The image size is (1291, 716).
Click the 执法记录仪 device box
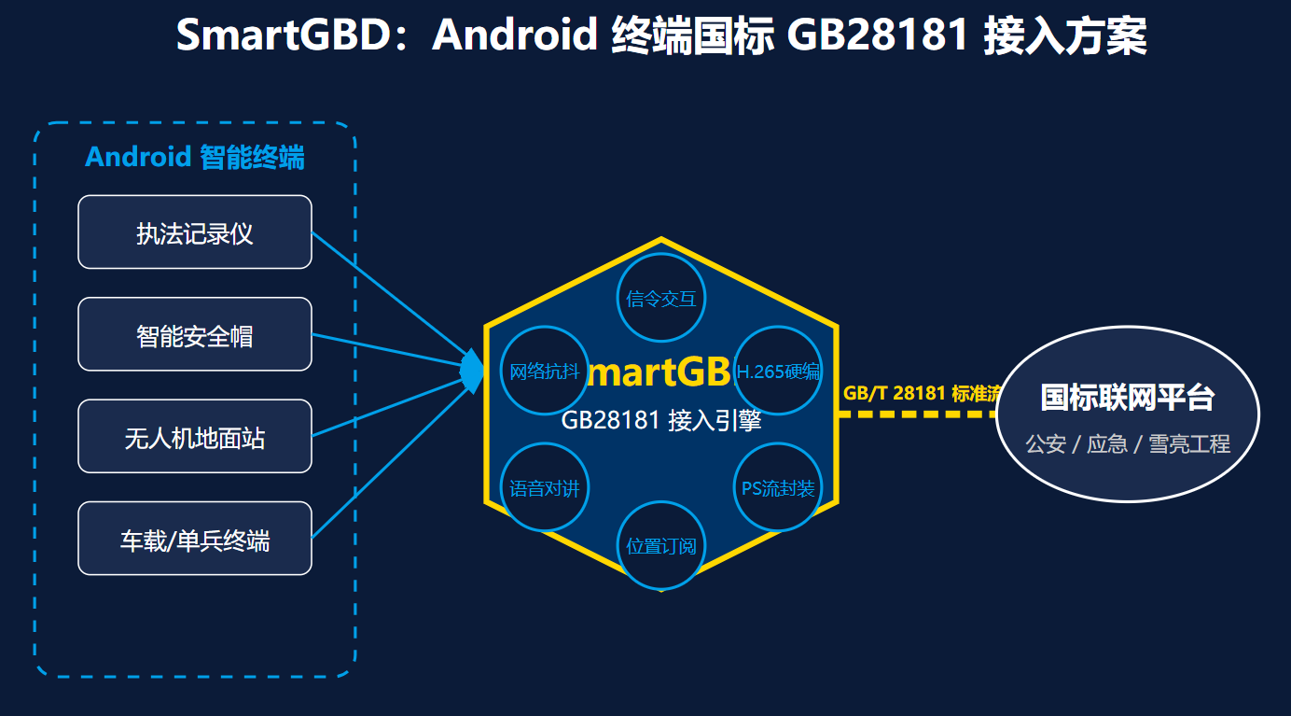click(x=194, y=232)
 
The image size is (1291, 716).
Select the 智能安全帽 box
click(x=194, y=334)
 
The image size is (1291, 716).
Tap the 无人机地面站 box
click(x=194, y=436)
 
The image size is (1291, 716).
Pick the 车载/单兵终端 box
click(x=194, y=539)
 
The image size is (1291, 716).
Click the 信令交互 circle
click(x=661, y=298)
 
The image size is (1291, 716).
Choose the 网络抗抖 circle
click(x=545, y=371)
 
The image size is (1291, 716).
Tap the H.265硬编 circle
click(x=779, y=371)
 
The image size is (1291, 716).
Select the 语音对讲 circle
click(x=545, y=487)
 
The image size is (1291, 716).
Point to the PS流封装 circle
click(x=779, y=487)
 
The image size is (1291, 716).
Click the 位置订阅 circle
click(x=661, y=545)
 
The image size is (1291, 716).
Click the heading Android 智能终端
click(x=194, y=157)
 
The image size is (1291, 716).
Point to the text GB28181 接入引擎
click(x=661, y=421)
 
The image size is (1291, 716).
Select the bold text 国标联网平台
click(x=1127, y=398)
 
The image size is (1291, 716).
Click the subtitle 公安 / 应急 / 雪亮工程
click(x=1127, y=443)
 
